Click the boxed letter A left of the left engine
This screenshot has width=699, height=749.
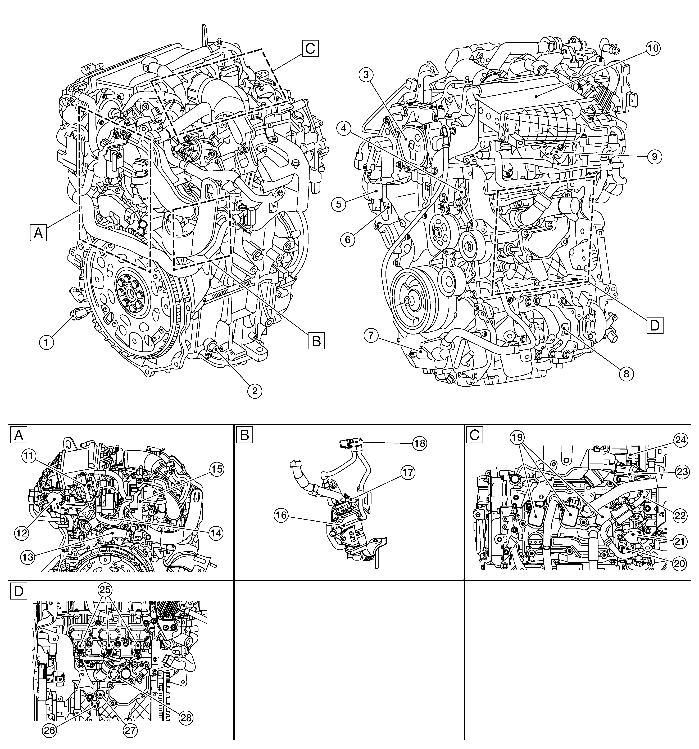(x=38, y=232)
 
